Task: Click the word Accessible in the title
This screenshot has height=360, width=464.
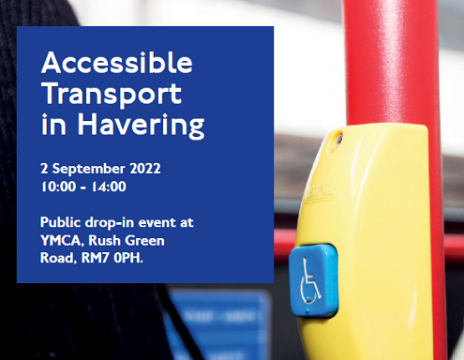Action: [117, 65]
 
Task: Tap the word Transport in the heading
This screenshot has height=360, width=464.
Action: [112, 94]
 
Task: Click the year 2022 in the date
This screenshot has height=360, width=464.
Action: [141, 170]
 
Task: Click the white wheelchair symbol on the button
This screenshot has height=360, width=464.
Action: [310, 279]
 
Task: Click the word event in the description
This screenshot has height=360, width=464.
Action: [162, 221]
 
